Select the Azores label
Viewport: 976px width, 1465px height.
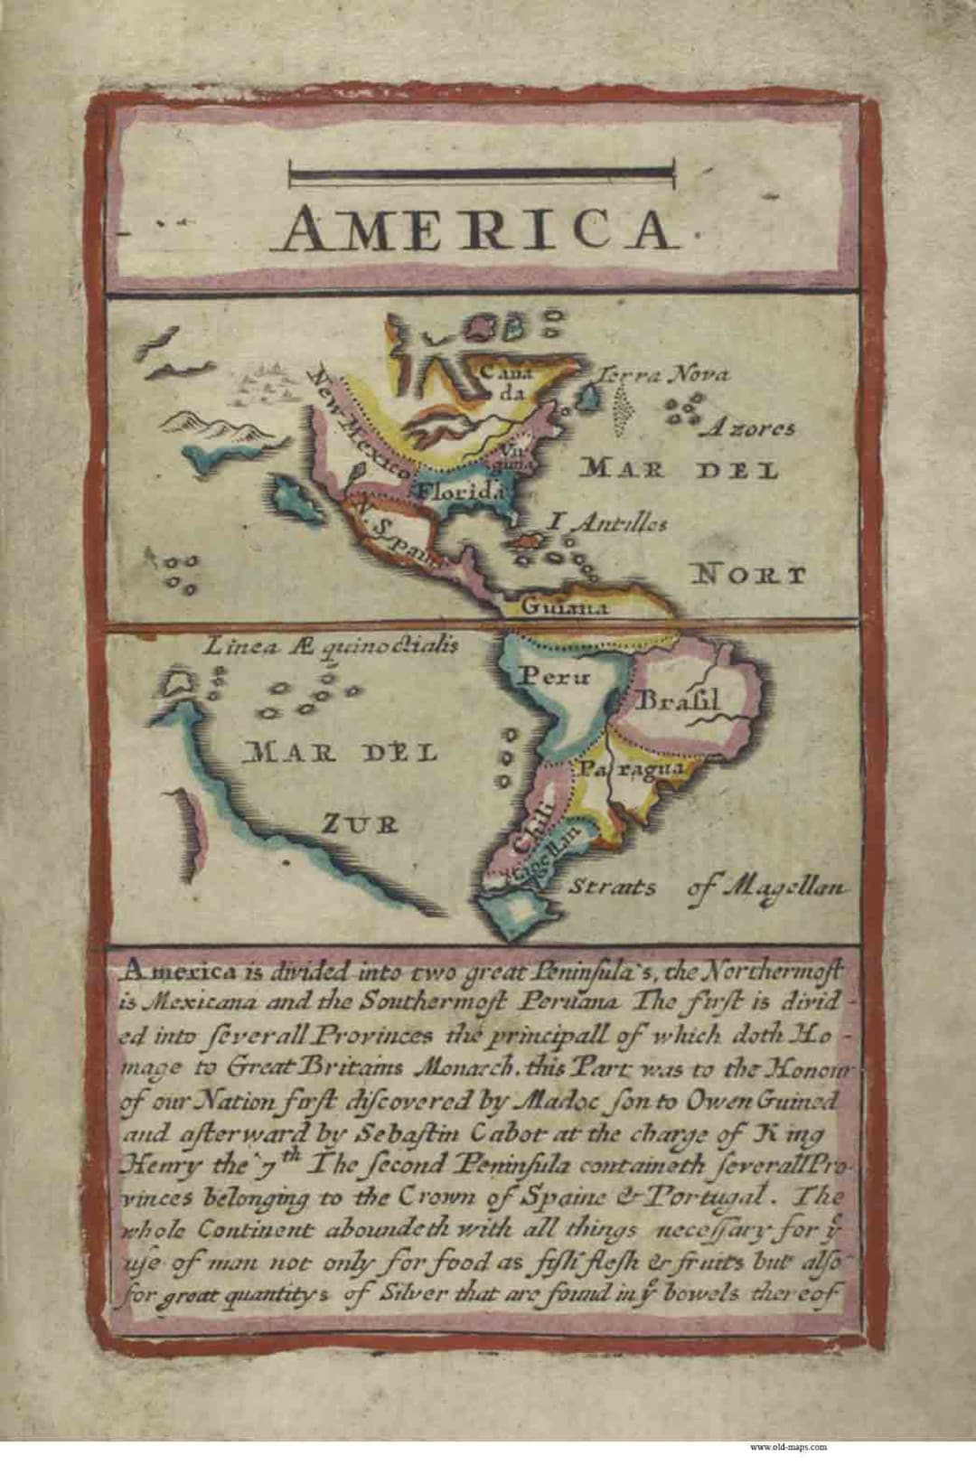752,428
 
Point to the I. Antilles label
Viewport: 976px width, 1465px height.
607,522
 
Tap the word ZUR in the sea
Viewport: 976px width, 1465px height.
361,823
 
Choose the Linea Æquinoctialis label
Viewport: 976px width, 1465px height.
331,645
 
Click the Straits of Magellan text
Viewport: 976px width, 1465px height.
705,887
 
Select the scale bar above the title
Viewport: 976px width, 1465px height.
481,174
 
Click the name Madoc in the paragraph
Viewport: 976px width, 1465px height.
524,1101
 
